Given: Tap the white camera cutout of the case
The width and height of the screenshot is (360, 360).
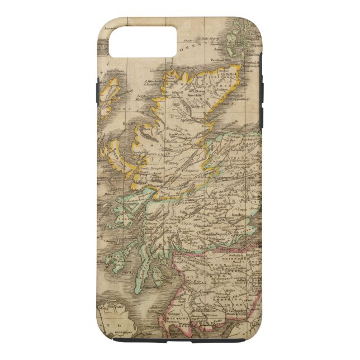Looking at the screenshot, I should pyautogui.click(x=142, y=42).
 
